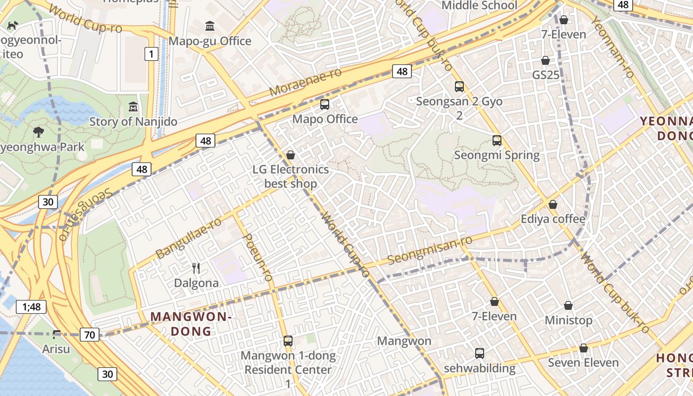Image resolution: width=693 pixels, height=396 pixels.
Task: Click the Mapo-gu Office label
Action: coord(210,41)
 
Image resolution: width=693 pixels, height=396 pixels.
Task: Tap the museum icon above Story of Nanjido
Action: coord(133,106)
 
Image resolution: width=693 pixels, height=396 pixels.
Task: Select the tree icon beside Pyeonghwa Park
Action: coord(38,132)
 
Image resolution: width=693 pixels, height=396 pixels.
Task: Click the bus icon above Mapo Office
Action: coord(325,104)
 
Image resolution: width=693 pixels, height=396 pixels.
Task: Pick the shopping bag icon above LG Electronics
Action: coord(291,155)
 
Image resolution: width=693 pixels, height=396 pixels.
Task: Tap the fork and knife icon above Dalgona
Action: coord(196,268)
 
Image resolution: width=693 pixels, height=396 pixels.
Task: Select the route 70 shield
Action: coord(89,335)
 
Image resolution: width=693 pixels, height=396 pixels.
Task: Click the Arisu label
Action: coord(56,349)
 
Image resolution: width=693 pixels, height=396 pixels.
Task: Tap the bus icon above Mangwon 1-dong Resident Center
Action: coord(288,341)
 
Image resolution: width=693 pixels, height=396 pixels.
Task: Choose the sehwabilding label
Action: coord(479,368)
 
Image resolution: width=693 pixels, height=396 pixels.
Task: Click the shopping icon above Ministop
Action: coord(568,305)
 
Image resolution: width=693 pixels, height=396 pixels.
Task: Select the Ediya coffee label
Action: coord(553,219)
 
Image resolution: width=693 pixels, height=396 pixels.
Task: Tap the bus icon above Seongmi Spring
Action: coord(497,141)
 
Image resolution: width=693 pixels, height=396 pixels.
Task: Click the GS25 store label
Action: coord(545,75)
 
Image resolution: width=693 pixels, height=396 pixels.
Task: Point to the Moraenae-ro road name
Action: coord(305,82)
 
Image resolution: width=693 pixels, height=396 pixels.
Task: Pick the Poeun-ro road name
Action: coord(258,257)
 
